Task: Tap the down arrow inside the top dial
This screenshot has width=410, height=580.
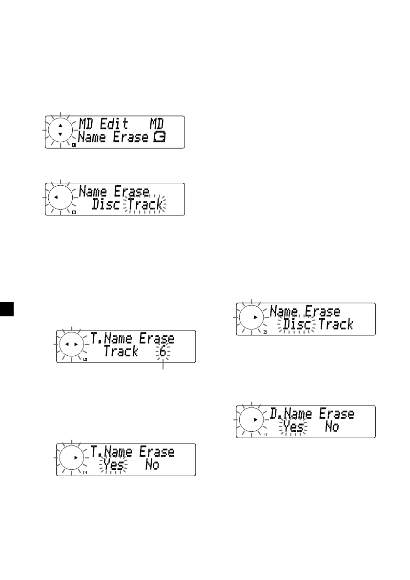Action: [x=60, y=134]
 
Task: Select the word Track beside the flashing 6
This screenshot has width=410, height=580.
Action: [x=121, y=351]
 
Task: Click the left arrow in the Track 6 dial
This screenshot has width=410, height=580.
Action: [x=67, y=345]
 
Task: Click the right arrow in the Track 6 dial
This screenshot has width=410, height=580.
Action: [x=76, y=345]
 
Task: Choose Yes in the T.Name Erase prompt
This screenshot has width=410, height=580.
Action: [x=112, y=465]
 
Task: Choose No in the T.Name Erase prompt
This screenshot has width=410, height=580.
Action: [x=152, y=465]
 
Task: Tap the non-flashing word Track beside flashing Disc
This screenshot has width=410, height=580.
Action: [x=336, y=324]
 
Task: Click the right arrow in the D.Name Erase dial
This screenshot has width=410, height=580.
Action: [x=255, y=419]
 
